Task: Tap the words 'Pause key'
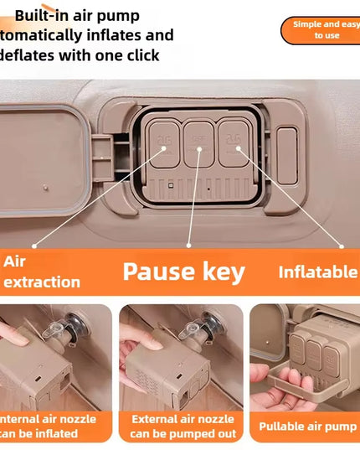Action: click(x=183, y=272)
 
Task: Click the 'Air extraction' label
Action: click(x=42, y=272)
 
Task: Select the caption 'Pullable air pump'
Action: click(x=307, y=427)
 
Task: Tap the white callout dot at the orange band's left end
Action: click(x=34, y=246)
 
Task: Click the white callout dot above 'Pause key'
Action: click(x=189, y=246)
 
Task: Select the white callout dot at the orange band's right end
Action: click(x=342, y=246)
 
